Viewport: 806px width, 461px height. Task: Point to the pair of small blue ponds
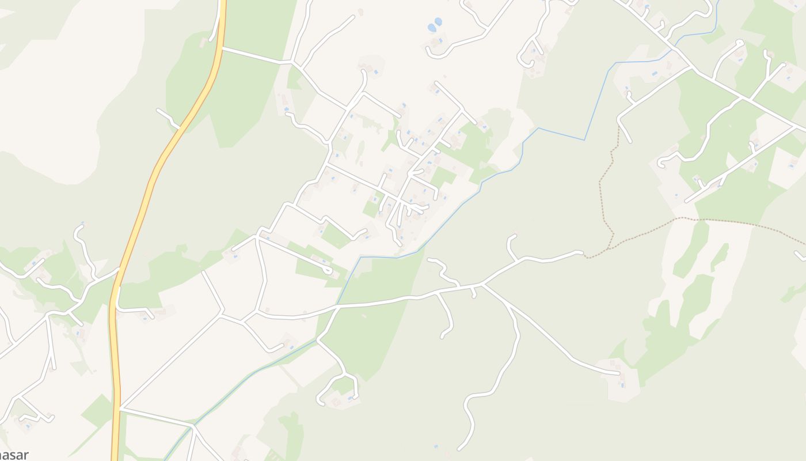coord(434,25)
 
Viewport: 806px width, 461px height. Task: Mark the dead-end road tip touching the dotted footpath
coord(581,252)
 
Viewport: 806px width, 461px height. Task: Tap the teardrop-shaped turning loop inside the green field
coord(328,270)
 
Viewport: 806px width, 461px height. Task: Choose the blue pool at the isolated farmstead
coord(622,384)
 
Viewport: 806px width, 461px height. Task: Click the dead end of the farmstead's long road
coord(620,373)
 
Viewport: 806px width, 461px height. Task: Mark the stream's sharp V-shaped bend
coord(585,139)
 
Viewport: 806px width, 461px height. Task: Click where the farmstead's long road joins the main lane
coord(482,285)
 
